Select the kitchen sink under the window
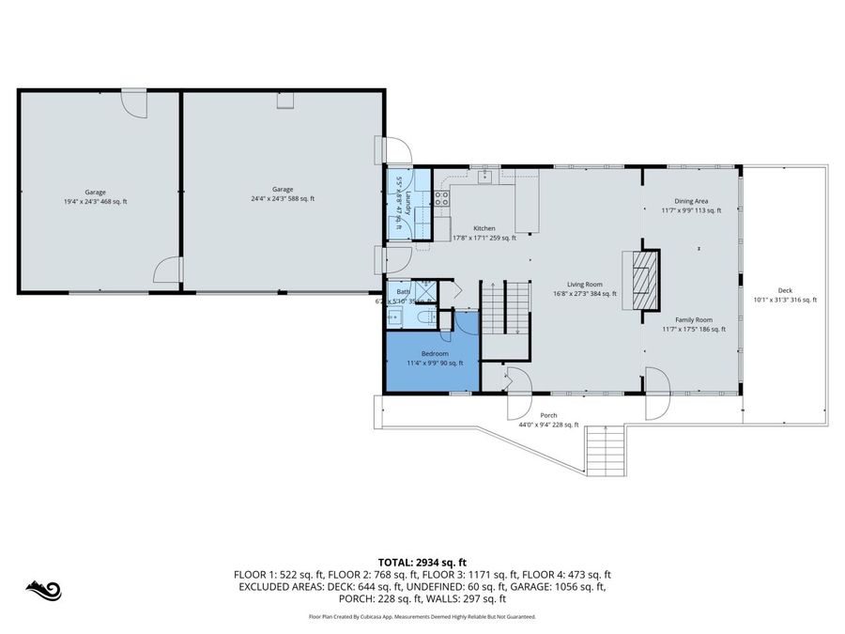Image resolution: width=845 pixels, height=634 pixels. click(x=485, y=177)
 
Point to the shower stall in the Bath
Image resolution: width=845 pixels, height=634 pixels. click(x=423, y=288)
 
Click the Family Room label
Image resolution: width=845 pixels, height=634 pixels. click(x=693, y=319)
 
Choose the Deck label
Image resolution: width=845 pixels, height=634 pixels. click(x=785, y=290)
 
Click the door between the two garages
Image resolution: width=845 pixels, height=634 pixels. click(x=168, y=271)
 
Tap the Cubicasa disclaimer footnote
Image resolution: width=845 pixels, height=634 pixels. click(x=422, y=617)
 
